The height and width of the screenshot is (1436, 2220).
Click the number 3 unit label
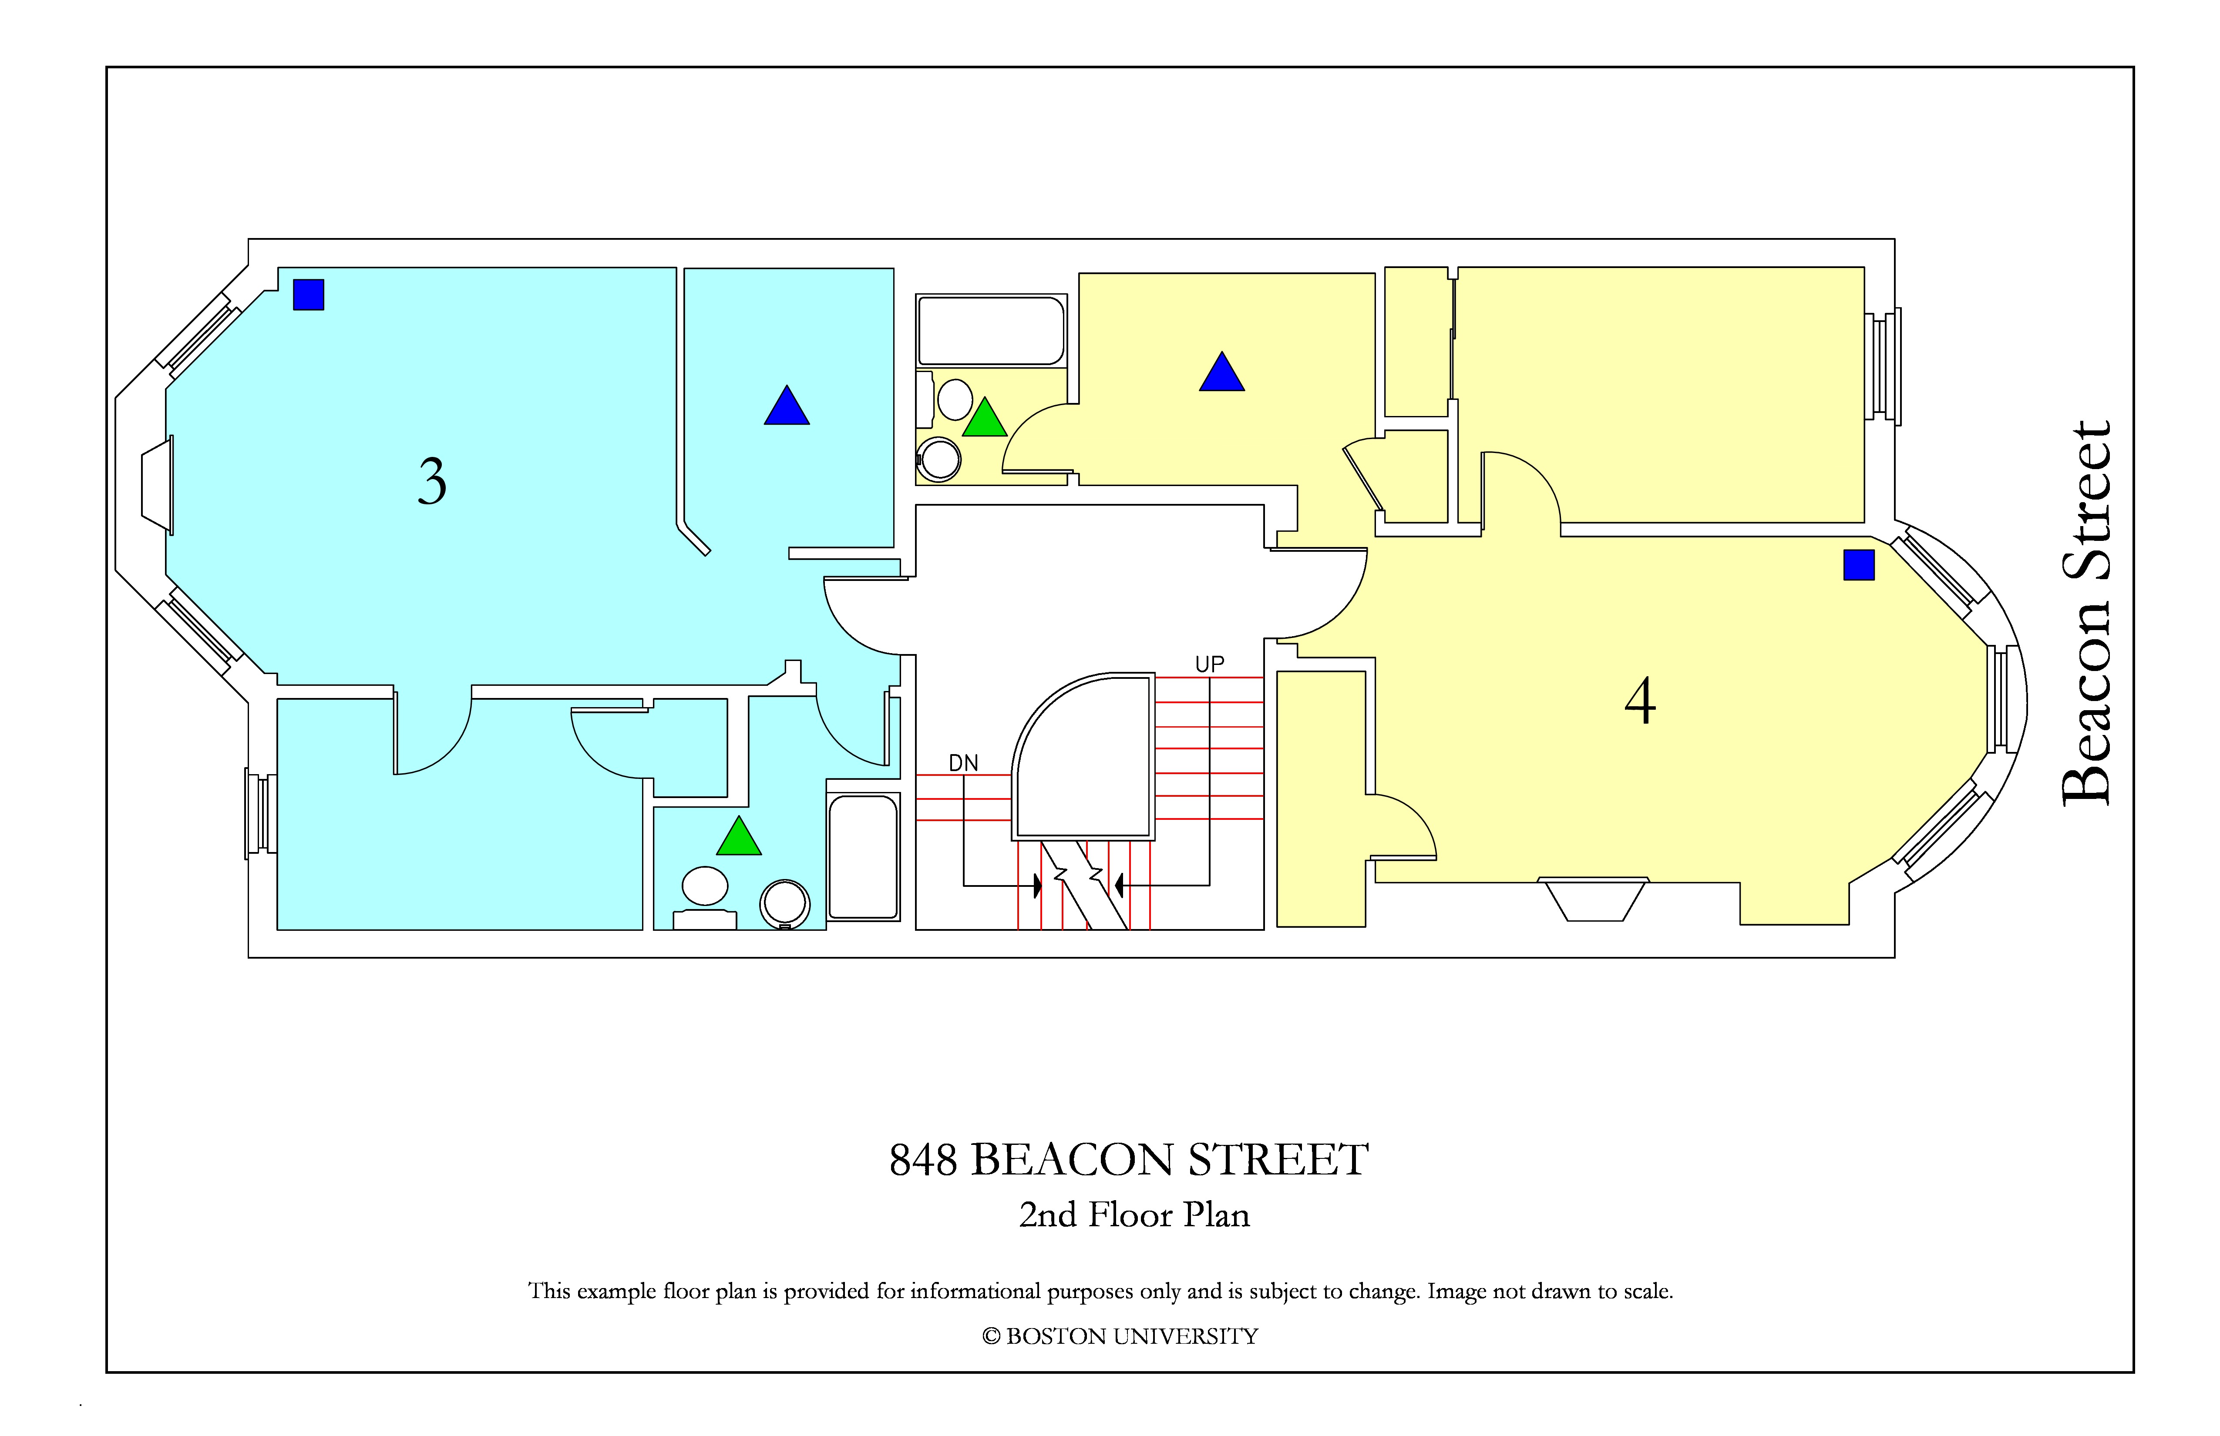pos(432,482)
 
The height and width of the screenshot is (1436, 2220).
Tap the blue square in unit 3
pos(309,295)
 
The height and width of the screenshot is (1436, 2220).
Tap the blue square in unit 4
pos(1859,565)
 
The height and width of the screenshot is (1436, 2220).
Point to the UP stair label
pos(1210,664)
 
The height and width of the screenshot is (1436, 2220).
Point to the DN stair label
pos(964,763)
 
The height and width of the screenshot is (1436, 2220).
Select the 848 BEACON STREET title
pos(1129,1160)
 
